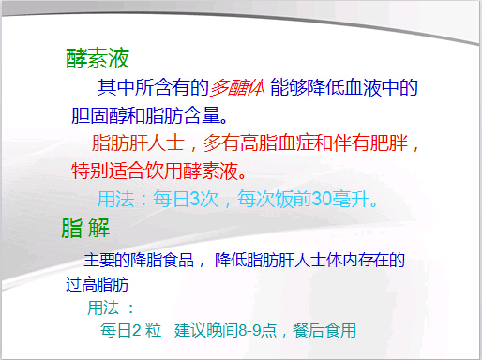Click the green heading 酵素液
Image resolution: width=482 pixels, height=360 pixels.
(x=97, y=59)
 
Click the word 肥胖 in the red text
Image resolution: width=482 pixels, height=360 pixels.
(x=392, y=146)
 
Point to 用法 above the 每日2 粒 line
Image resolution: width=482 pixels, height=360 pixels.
(x=104, y=307)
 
